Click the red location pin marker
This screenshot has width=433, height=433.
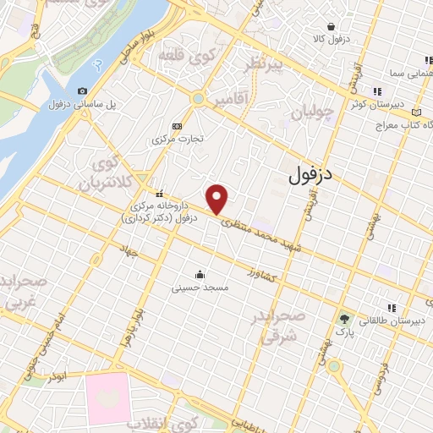(x=217, y=199)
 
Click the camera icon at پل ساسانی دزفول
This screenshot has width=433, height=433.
(x=82, y=91)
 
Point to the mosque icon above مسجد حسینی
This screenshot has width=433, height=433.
(x=200, y=273)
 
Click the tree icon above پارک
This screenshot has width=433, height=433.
(x=344, y=319)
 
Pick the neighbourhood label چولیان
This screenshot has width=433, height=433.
(x=314, y=111)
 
